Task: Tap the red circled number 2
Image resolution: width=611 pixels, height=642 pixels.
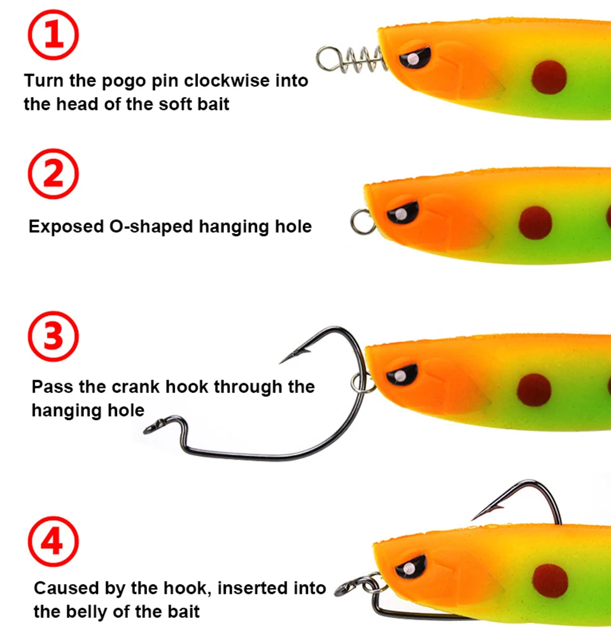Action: click(54, 173)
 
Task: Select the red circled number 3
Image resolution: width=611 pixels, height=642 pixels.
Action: click(54, 336)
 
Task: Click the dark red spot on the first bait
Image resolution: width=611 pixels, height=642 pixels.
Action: click(549, 77)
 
